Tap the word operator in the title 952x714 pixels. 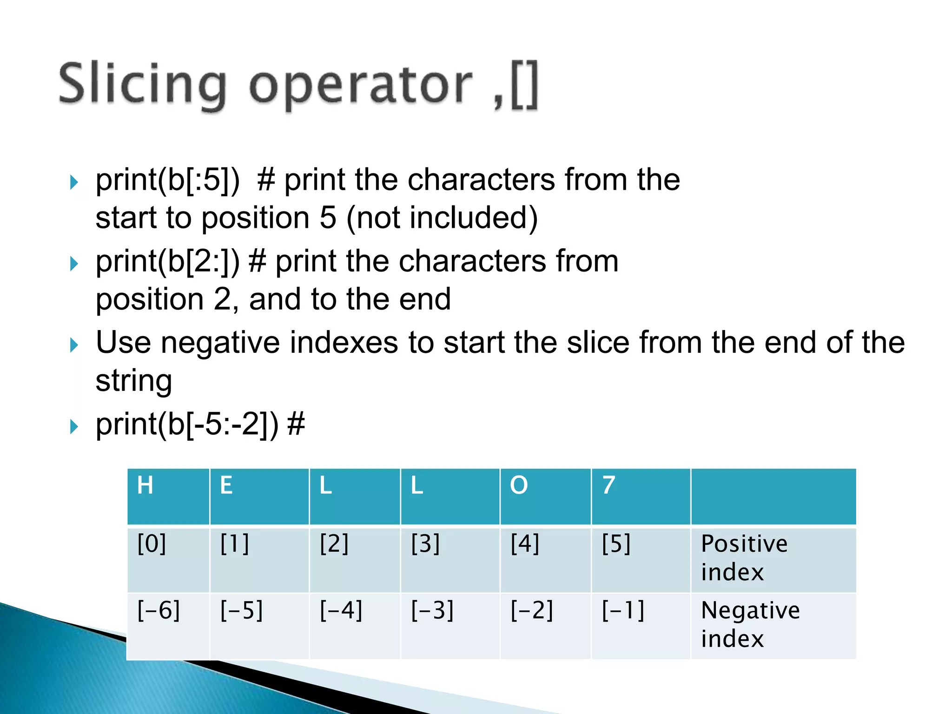360,86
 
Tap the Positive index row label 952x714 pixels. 744,558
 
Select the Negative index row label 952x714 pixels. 750,624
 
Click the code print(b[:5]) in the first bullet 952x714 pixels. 168,180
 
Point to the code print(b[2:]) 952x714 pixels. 168,261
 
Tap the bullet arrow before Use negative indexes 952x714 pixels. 74,345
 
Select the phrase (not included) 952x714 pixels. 442,218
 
